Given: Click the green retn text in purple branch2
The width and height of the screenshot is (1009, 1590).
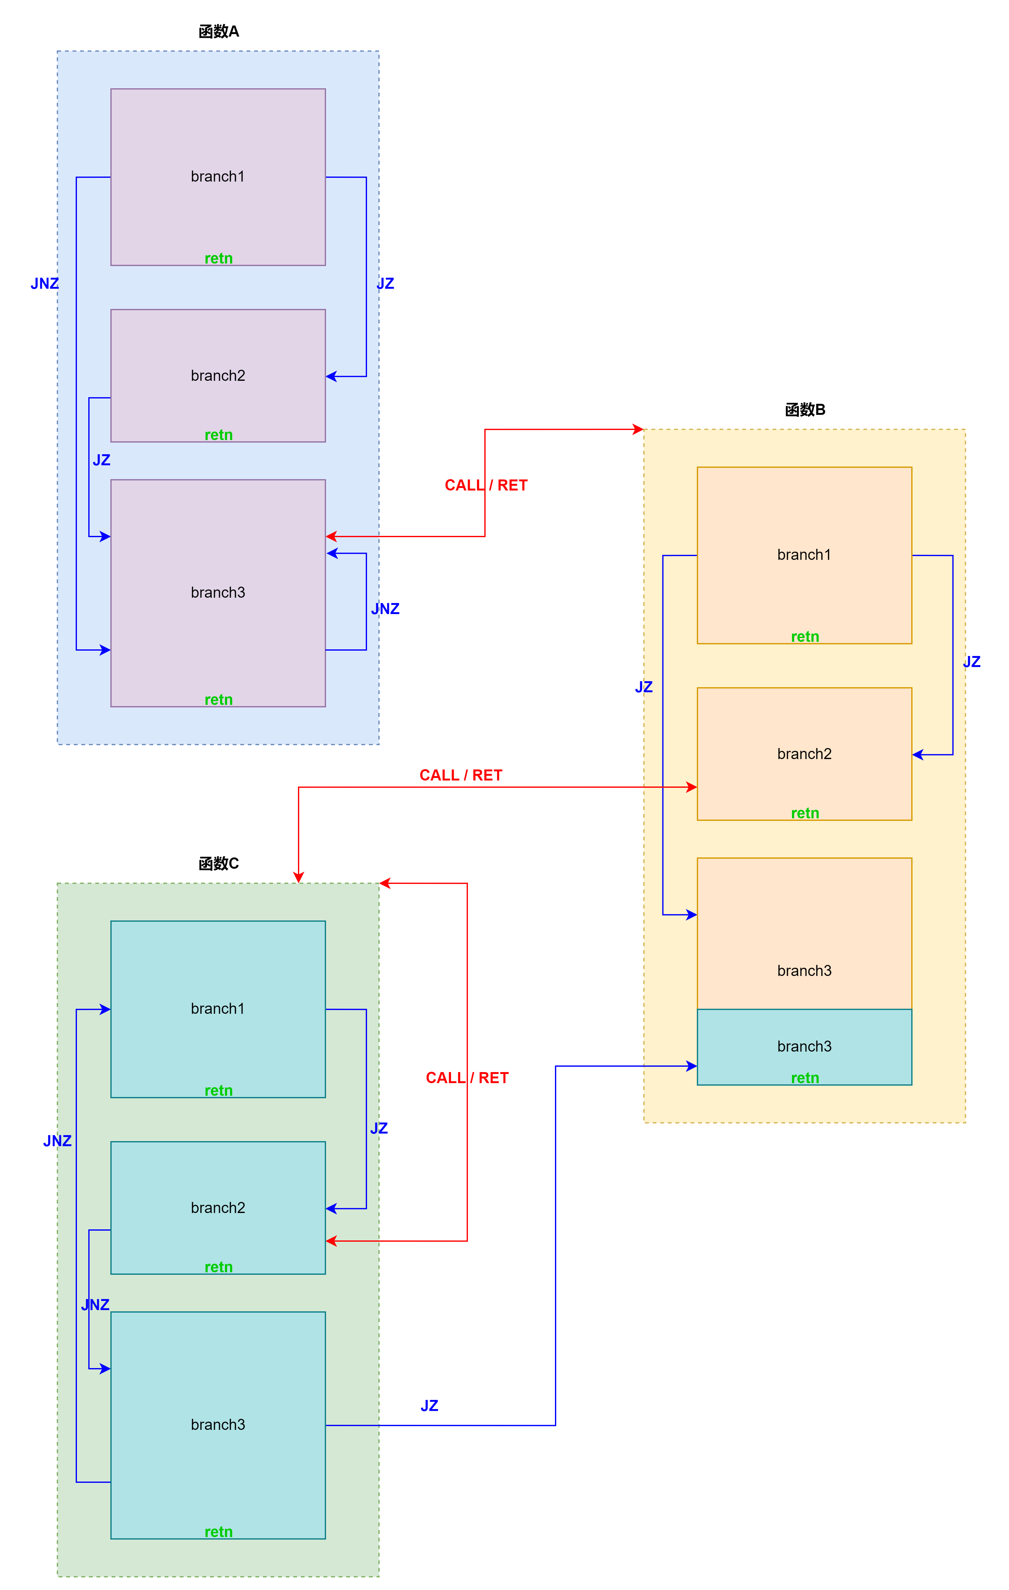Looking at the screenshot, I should tap(219, 434).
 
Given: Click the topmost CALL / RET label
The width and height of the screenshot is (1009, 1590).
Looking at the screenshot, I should tap(486, 485).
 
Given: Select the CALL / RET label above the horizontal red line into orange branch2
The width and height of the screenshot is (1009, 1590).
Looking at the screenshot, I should tap(461, 775).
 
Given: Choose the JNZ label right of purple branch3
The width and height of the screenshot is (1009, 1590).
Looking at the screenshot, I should tap(386, 609).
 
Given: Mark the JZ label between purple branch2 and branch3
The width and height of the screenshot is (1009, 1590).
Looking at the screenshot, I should tap(101, 460).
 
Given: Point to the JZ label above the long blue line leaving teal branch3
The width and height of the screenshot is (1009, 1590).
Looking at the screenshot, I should tap(429, 1406).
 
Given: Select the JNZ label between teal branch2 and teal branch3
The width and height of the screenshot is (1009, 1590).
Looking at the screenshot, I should tap(95, 1305).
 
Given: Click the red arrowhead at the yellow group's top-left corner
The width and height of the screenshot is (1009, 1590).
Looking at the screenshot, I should tap(638, 429).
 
